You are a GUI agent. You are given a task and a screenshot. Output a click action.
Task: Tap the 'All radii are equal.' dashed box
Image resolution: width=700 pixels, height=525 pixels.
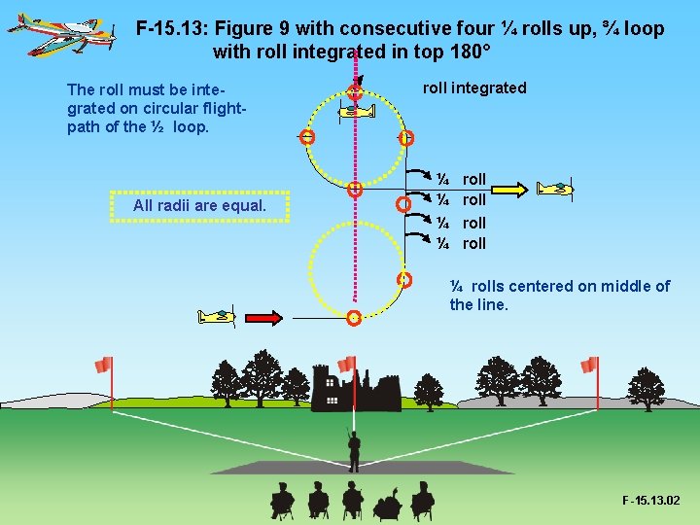pyautogui.click(x=199, y=206)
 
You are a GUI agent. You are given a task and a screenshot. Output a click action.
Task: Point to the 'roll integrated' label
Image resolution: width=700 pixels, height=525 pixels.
pyautogui.click(x=474, y=88)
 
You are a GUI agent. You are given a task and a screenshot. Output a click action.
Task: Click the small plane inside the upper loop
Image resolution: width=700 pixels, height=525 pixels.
pyautogui.click(x=356, y=113)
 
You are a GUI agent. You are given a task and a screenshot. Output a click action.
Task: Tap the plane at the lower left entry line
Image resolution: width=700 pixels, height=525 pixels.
pyautogui.click(x=217, y=316)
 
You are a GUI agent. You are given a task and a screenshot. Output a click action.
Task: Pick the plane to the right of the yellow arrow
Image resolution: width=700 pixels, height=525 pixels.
pyautogui.click(x=557, y=187)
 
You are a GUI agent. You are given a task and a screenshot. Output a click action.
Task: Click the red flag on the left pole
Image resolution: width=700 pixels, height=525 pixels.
pyautogui.click(x=103, y=365)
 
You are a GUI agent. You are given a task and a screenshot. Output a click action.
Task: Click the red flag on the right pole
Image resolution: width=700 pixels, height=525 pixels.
pyautogui.click(x=589, y=365)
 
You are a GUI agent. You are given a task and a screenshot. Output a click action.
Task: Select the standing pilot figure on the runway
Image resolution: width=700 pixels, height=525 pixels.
pyautogui.click(x=354, y=448)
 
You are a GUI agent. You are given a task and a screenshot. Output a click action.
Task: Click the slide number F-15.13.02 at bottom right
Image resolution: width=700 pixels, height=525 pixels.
pyautogui.click(x=650, y=501)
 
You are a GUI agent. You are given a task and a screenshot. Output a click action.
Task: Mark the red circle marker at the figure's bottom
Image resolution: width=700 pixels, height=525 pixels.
pyautogui.click(x=354, y=318)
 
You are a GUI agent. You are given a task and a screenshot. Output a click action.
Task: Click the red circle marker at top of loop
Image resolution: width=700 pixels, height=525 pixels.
pyautogui.click(x=356, y=92)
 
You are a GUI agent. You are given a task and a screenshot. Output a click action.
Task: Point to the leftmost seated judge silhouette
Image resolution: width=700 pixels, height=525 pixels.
pyautogui.click(x=282, y=501)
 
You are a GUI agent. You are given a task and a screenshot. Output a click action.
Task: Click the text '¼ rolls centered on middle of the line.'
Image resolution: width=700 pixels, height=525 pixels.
pyautogui.click(x=559, y=295)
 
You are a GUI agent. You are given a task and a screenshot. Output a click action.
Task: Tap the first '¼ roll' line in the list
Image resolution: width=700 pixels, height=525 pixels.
pyautogui.click(x=461, y=179)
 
